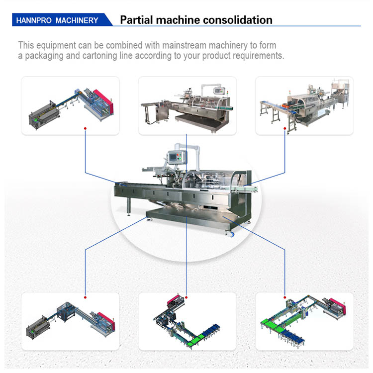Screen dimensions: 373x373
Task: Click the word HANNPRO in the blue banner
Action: (34, 20)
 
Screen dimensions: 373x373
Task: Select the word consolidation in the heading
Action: (234, 20)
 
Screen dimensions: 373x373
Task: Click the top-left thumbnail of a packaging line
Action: (70, 105)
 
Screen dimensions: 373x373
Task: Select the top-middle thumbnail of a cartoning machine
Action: (187, 105)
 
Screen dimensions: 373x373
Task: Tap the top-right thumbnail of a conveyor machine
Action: (304, 105)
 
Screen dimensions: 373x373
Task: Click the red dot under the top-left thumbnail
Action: (85, 128)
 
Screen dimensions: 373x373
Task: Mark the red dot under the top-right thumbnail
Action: (284, 128)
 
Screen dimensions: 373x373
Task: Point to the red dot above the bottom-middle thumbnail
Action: (186, 297)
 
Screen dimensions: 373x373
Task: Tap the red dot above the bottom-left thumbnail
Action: (85, 297)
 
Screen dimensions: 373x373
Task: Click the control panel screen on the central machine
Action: (175, 157)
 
